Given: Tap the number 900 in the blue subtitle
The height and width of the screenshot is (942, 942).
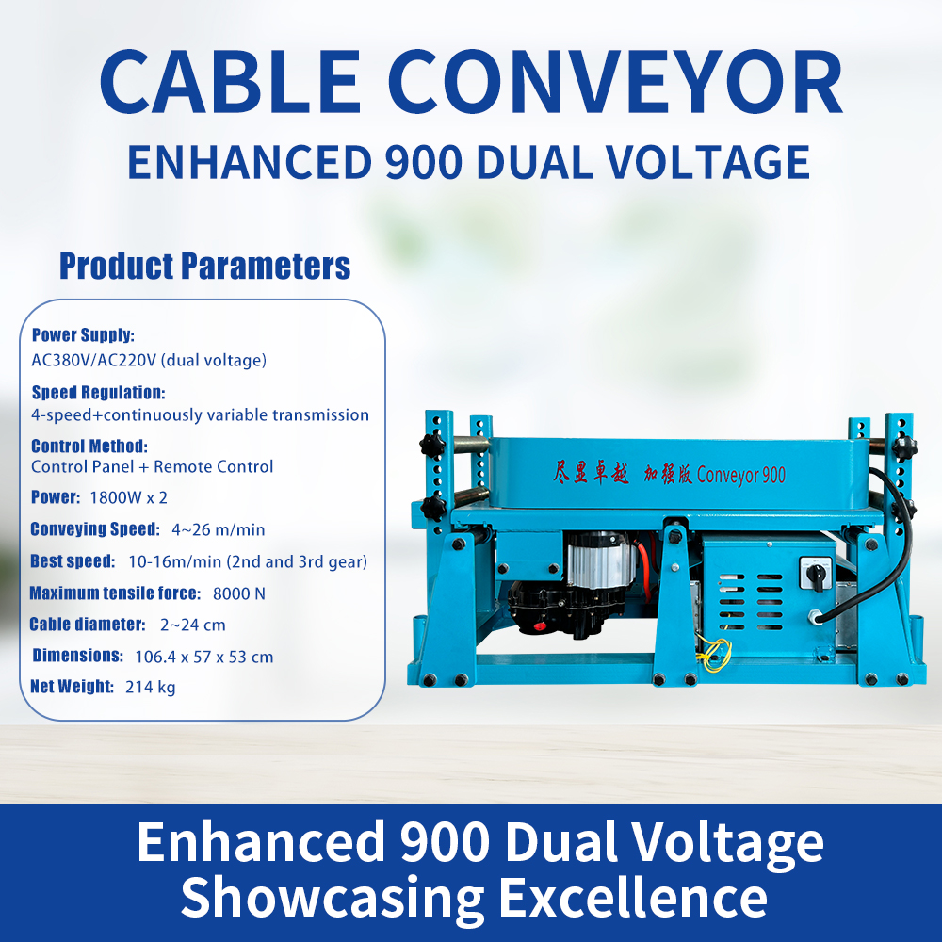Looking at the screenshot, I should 422,161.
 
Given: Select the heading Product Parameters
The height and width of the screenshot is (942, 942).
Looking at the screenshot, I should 204,266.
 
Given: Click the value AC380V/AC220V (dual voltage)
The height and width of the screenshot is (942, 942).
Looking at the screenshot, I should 149,360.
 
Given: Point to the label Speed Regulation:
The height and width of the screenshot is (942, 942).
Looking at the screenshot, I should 98,392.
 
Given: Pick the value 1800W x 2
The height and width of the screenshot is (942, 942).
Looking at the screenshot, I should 128,497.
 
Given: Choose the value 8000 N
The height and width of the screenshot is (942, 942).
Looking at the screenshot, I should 239,593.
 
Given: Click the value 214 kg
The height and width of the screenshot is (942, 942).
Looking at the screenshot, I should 150,687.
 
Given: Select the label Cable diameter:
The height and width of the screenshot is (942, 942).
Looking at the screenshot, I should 87,624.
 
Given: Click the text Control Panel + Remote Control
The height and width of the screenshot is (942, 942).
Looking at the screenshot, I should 152,466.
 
